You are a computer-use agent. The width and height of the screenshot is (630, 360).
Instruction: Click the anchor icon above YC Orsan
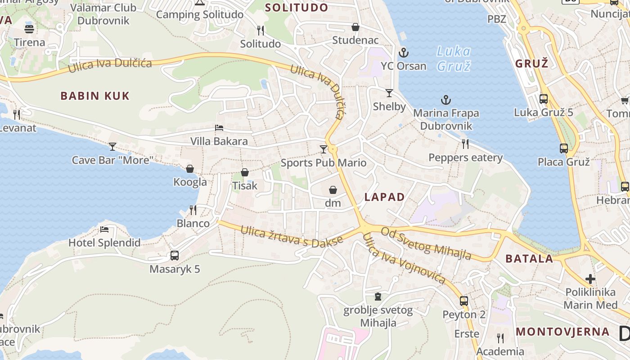click(x=404, y=53)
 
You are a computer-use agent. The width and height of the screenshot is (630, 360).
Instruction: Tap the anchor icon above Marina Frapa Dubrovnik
click(x=446, y=100)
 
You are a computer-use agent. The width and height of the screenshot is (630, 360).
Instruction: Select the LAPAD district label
click(x=384, y=197)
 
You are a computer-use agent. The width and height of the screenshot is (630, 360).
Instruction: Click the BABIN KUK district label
click(x=95, y=95)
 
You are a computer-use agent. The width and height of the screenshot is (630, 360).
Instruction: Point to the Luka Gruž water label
click(x=454, y=58)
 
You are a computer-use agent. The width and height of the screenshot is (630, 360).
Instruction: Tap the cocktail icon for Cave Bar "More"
click(x=112, y=146)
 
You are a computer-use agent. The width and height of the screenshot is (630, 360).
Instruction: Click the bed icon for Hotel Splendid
click(x=104, y=229)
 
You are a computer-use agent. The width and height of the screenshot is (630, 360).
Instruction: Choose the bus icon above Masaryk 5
click(x=175, y=256)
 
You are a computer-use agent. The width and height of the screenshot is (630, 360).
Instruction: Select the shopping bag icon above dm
click(x=333, y=190)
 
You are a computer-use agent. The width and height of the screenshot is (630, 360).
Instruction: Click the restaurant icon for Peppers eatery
click(x=465, y=144)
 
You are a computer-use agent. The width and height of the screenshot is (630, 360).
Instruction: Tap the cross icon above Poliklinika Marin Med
click(x=590, y=279)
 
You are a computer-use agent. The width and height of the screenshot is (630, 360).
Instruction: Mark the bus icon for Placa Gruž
click(x=563, y=148)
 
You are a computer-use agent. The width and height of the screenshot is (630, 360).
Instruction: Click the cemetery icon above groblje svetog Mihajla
click(x=378, y=297)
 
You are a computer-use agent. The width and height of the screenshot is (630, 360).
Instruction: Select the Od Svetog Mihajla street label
click(x=426, y=243)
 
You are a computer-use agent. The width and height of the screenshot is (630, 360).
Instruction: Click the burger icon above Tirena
click(x=29, y=29)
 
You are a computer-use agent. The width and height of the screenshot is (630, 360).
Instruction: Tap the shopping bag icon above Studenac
click(x=355, y=27)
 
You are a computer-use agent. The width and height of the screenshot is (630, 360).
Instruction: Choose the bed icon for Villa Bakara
click(x=219, y=128)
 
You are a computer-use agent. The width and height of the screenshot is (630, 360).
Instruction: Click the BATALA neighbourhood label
click(x=529, y=258)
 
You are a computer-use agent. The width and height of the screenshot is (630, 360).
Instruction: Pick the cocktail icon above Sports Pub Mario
click(x=324, y=149)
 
